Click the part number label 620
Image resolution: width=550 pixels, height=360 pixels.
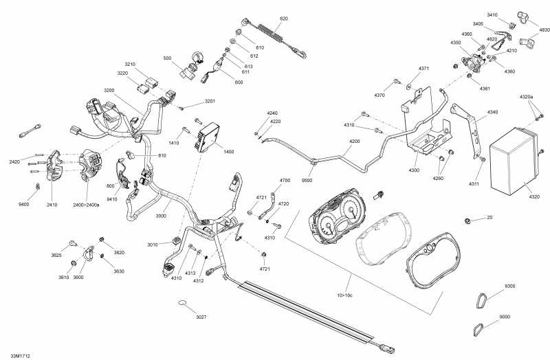284,18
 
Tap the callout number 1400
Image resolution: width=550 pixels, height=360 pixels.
229,151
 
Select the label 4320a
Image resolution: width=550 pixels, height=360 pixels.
526,97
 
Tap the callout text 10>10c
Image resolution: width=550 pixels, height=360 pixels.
345,295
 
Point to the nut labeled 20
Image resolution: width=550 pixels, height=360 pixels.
467,221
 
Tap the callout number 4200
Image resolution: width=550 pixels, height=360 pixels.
354,142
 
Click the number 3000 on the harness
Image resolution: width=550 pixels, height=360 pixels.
161,215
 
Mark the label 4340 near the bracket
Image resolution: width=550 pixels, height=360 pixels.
493,112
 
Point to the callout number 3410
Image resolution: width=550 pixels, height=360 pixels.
493,14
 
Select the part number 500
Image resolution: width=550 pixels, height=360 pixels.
166,59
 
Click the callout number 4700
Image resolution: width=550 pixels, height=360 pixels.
285,181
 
